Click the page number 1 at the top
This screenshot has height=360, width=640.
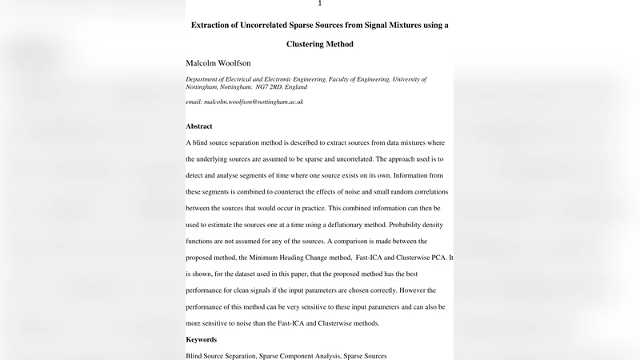(x=320, y=4)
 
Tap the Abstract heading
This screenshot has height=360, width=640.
(x=199, y=126)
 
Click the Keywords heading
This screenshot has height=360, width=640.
(x=202, y=339)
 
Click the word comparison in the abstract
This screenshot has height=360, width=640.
(x=364, y=242)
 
